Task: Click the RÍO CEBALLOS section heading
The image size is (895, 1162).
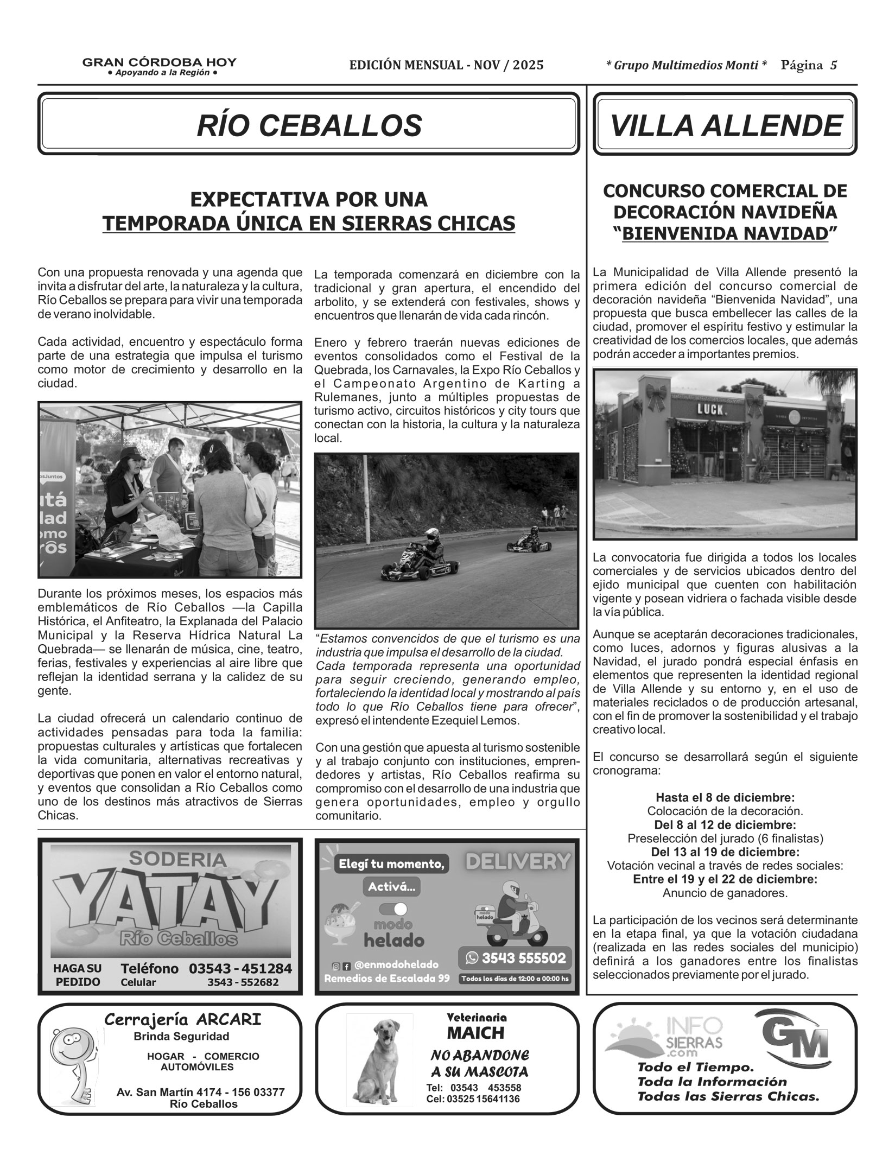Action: pos(309,125)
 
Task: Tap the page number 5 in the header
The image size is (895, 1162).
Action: pos(833,66)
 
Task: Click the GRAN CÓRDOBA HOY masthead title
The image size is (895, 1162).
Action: pos(159,62)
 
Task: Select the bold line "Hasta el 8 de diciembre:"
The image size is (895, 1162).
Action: pos(725,798)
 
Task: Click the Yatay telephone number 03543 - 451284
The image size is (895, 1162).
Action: pos(240,968)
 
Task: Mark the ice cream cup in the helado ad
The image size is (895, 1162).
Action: pos(343,922)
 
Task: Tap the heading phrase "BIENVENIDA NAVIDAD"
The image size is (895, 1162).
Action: pos(725,233)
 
